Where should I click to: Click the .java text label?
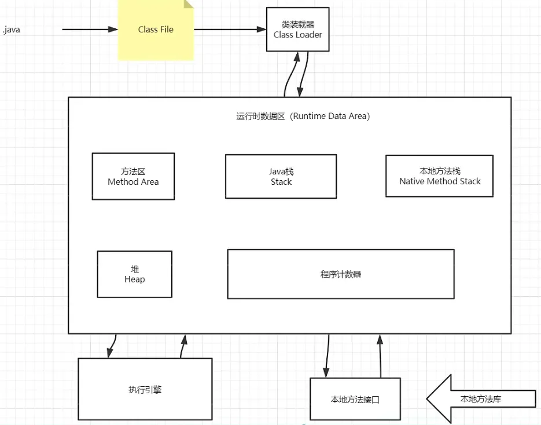pyautogui.click(x=11, y=29)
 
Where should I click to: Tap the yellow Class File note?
pyautogui.click(x=156, y=30)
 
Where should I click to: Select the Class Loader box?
pyautogui.click(x=298, y=29)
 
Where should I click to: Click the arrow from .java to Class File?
pyautogui.click(x=90, y=29)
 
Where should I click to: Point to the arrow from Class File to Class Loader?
pyautogui.click(x=230, y=29)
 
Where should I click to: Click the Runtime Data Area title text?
pyautogui.click(x=303, y=116)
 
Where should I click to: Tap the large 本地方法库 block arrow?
pyautogui.click(x=481, y=399)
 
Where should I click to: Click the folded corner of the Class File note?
pyautogui.click(x=189, y=4)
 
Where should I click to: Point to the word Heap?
pyautogui.click(x=135, y=279)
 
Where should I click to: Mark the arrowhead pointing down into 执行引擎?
pyautogui.click(x=111, y=353)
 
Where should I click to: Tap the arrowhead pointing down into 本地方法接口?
pyautogui.click(x=326, y=372)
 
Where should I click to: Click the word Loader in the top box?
pyautogui.click(x=309, y=35)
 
